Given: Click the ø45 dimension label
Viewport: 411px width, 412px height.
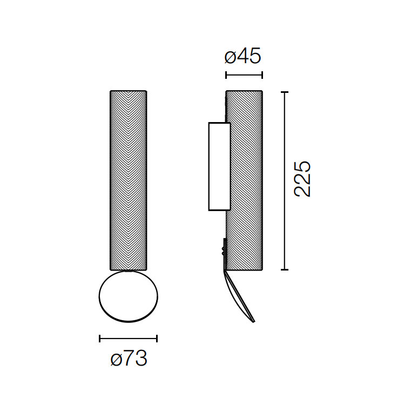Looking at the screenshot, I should (242, 56).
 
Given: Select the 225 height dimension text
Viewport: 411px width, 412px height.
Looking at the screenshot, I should (302, 179).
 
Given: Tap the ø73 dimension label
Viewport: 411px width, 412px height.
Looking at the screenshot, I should (129, 359).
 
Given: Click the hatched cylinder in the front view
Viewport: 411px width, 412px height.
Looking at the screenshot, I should (129, 180).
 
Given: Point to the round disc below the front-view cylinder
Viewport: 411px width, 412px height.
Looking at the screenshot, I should (129, 296).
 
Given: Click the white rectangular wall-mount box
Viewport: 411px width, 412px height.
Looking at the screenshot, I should (219, 166).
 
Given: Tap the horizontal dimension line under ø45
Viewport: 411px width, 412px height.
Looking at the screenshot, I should (244, 75).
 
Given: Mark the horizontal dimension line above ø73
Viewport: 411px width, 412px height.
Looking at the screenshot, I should (129, 339).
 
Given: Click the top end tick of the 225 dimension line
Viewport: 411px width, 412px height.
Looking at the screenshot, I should (285, 92).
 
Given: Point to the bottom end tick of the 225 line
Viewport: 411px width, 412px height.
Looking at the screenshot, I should (285, 269).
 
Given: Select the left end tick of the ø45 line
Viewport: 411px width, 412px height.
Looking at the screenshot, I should (226, 75).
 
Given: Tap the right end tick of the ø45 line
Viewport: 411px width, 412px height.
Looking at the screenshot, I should (262, 75).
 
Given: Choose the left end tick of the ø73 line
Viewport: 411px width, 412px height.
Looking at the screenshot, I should (100, 339).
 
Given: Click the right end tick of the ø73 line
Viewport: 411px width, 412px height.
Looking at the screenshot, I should (157, 339).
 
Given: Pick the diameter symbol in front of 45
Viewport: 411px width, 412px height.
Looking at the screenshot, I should (230, 57).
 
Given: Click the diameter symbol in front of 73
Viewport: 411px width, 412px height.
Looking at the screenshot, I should (116, 359).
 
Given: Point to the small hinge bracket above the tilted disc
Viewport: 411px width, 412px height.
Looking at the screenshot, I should (224, 251).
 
